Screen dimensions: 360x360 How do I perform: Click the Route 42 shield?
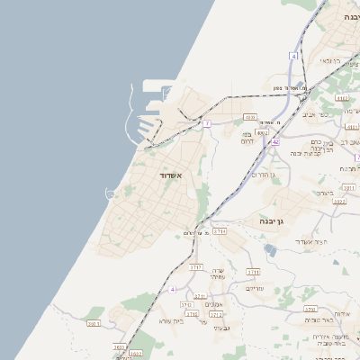click(275, 141)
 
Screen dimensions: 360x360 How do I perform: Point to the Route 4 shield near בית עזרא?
click(172, 290)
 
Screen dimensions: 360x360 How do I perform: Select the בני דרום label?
click(249, 137)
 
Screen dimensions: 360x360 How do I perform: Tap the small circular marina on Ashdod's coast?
click(111, 193)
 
